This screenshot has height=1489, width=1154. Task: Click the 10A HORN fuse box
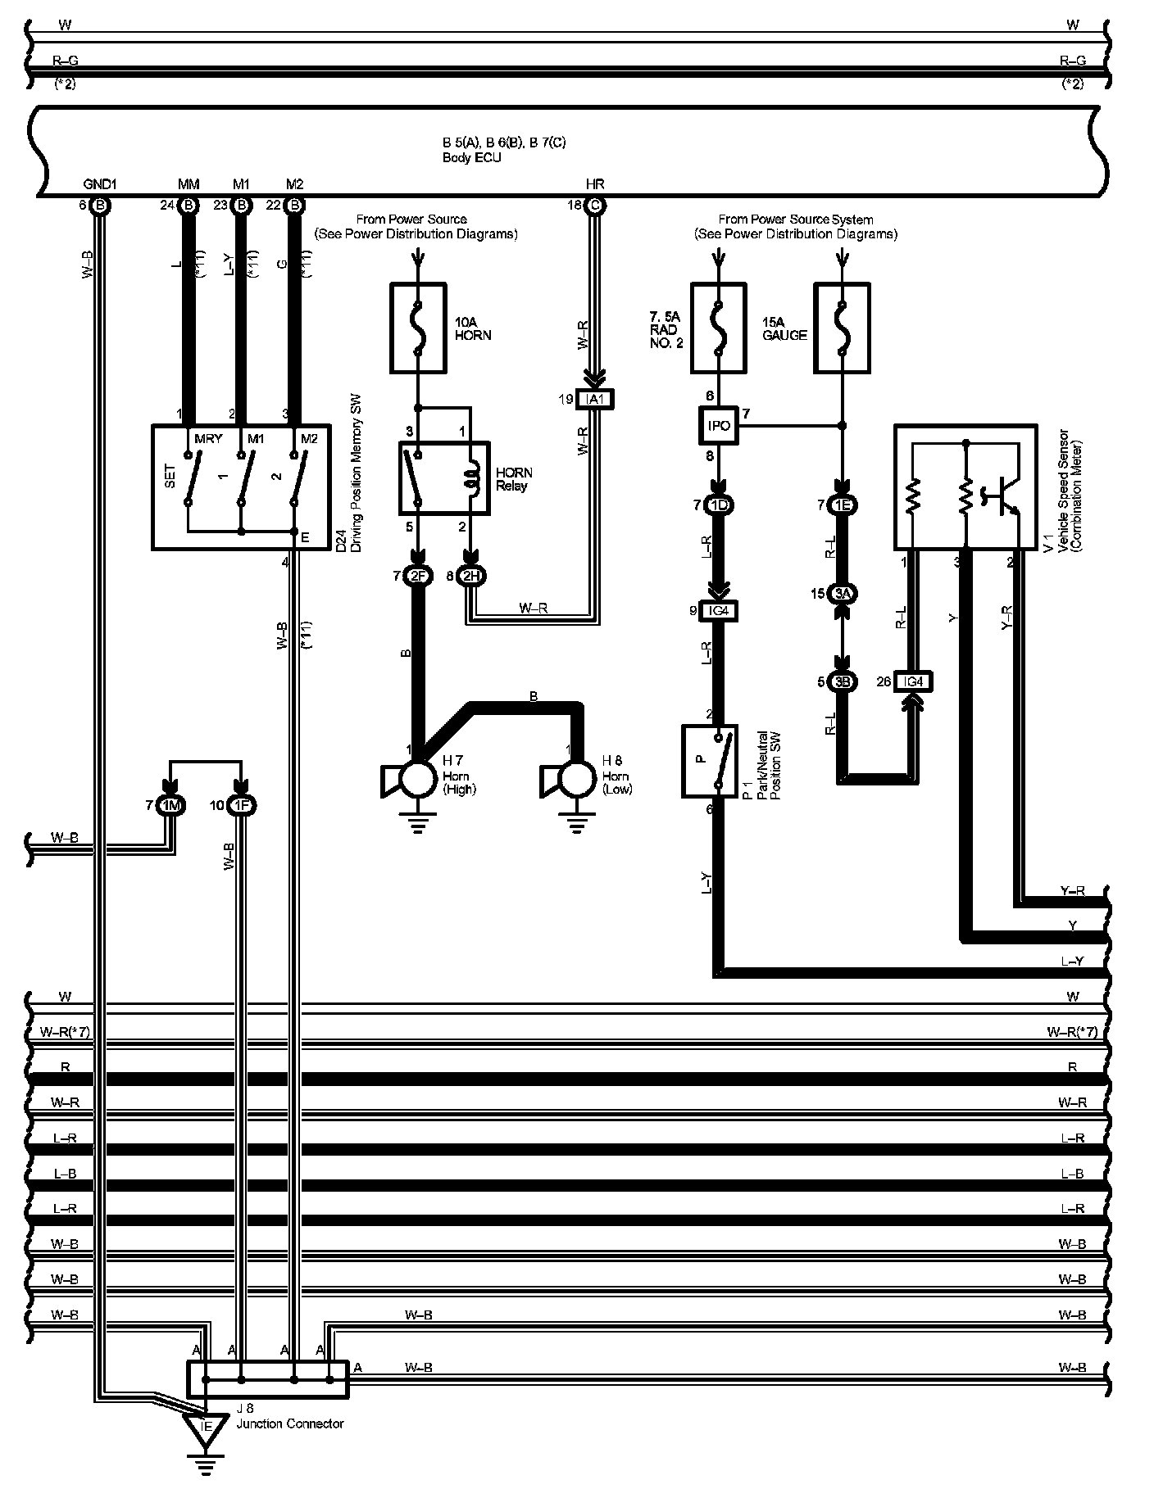coord(418,328)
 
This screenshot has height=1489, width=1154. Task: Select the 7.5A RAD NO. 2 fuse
coord(718,328)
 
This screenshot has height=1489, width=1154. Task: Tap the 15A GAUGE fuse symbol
coord(841,328)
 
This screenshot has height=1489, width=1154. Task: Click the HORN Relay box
coord(444,479)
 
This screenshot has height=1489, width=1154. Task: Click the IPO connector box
coord(718,426)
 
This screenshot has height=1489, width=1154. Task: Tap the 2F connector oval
coord(418,577)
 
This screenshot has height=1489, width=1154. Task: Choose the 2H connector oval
coord(471,577)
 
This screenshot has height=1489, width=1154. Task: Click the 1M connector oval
coord(170,806)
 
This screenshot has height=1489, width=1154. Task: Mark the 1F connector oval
coord(241,806)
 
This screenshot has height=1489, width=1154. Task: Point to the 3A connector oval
coord(842,594)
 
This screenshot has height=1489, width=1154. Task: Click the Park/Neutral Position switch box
coord(709,761)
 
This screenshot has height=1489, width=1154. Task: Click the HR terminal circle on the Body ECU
coord(595,206)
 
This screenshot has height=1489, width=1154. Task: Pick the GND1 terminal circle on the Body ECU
coord(100,206)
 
